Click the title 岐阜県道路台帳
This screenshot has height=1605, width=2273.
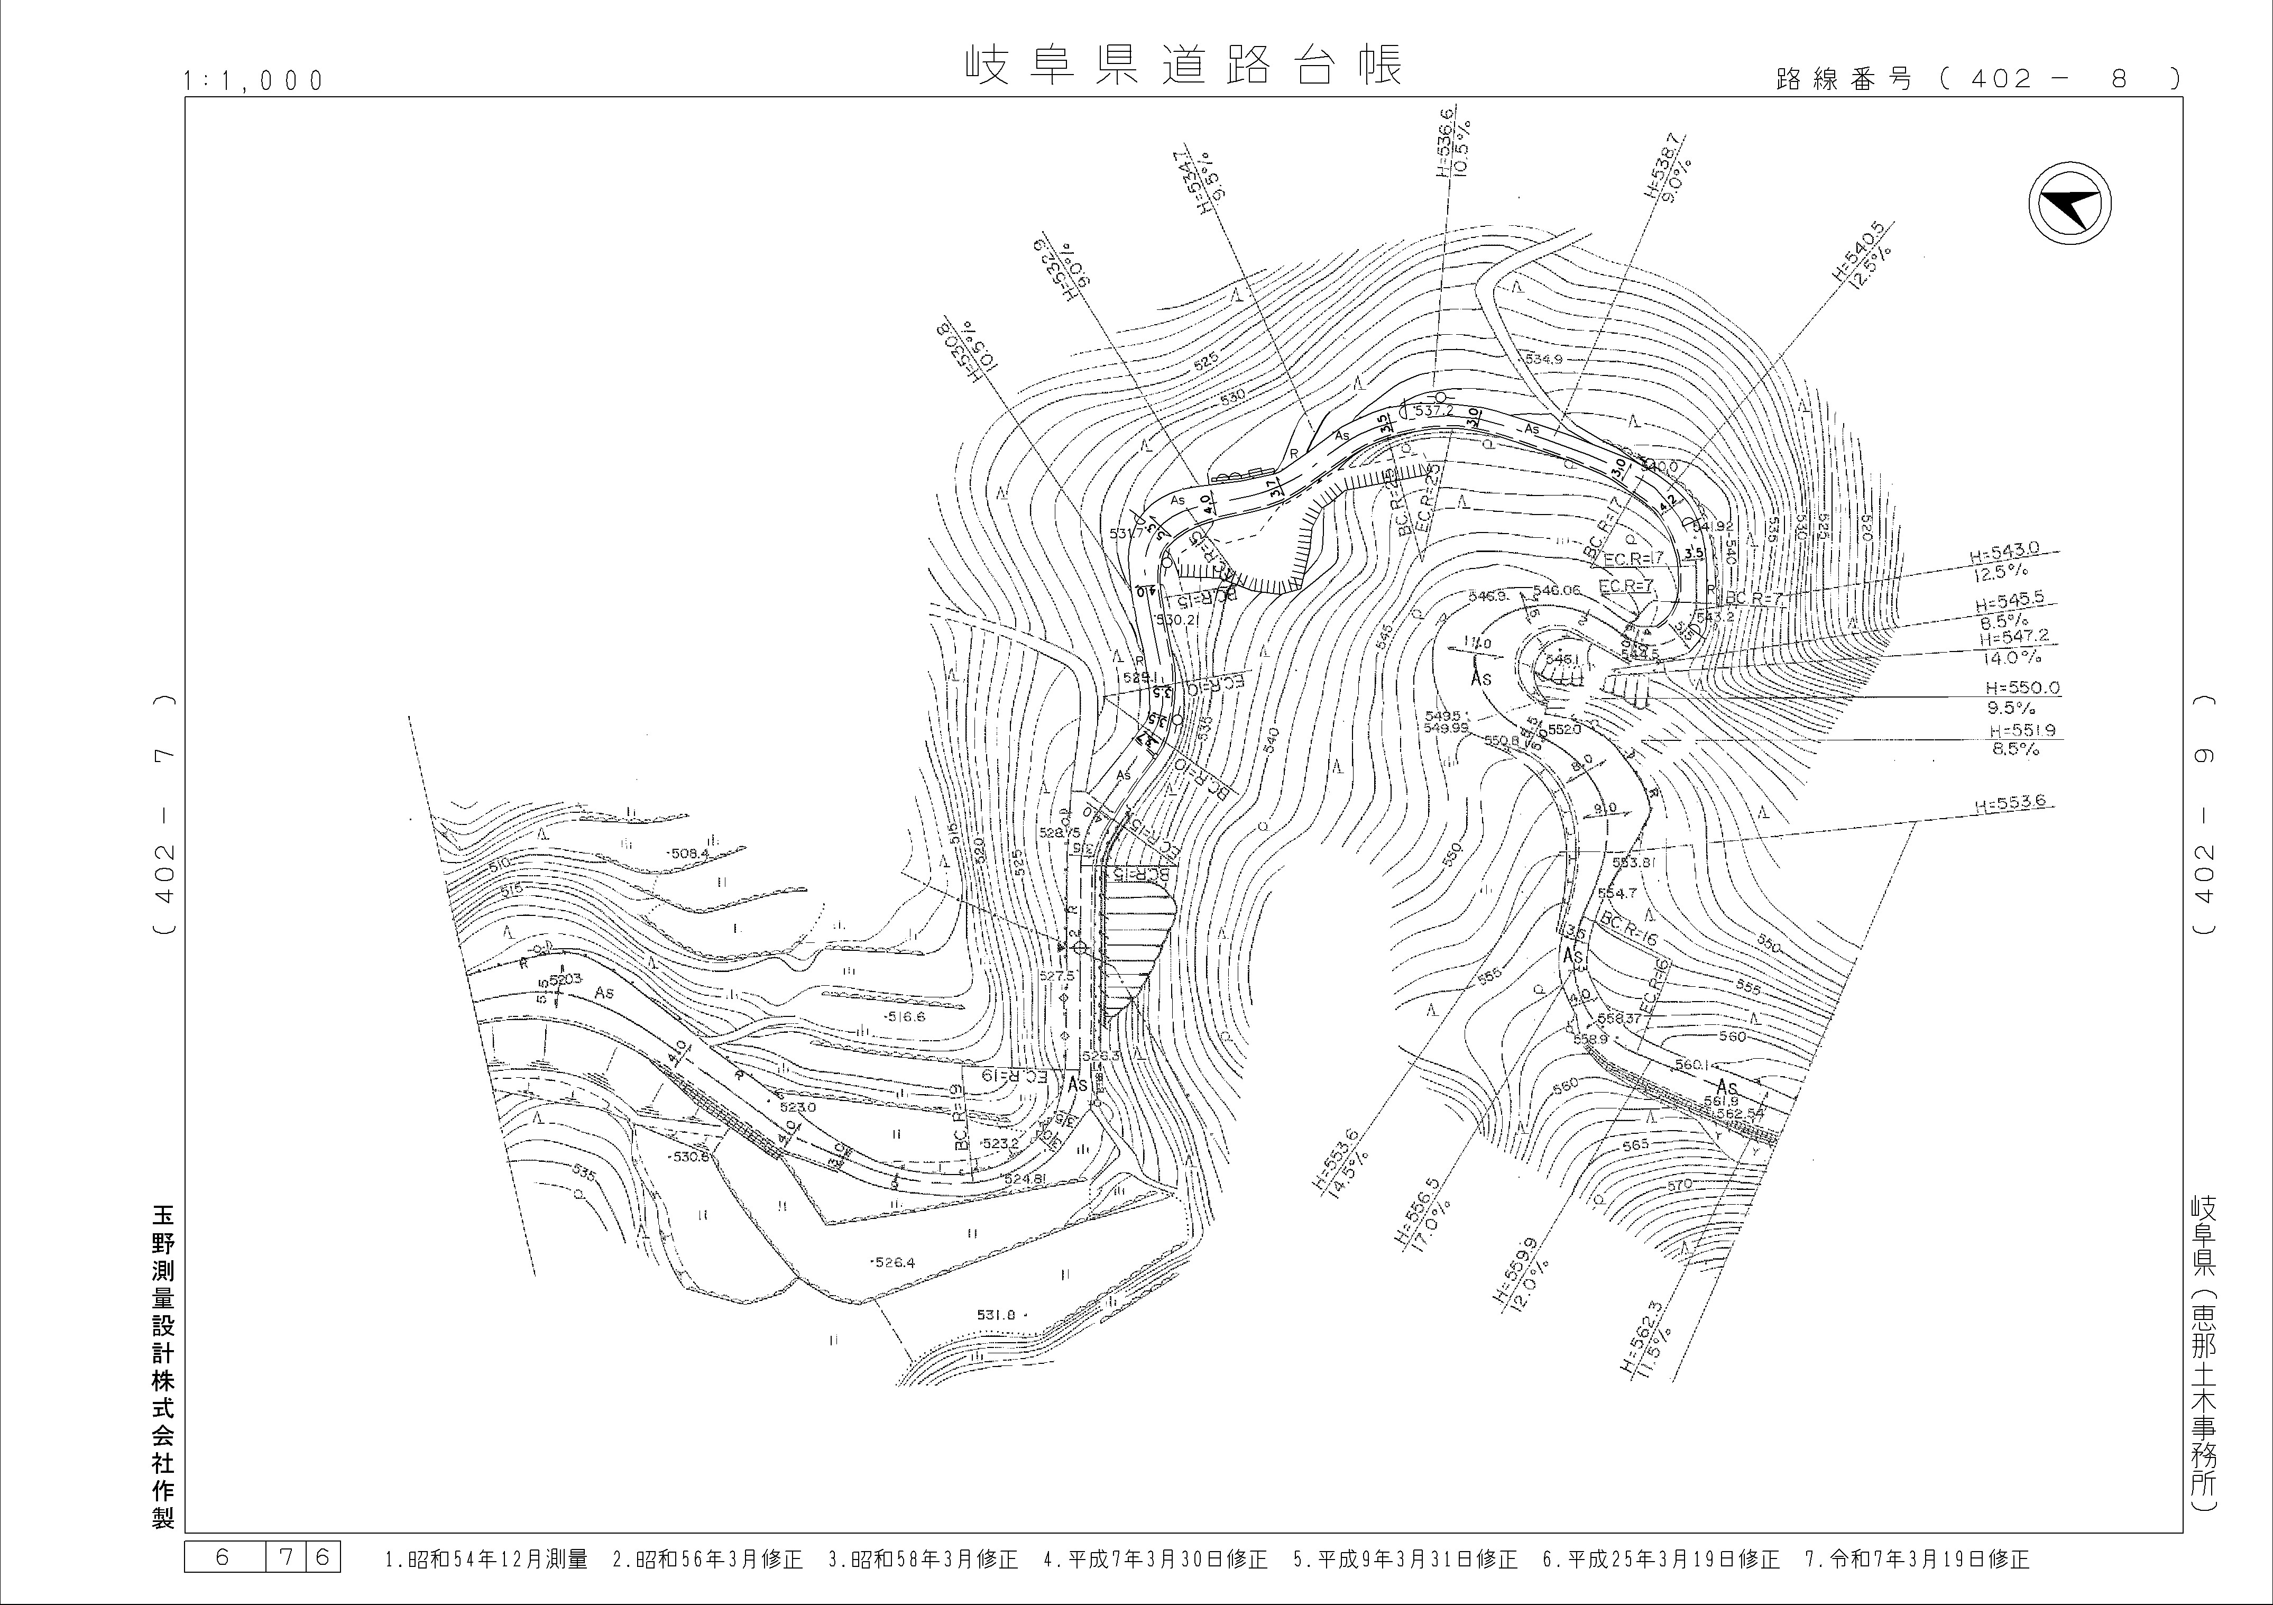tap(1183, 66)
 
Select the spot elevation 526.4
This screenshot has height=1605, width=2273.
tap(894, 1262)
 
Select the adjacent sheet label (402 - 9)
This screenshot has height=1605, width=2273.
tap(2204, 814)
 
